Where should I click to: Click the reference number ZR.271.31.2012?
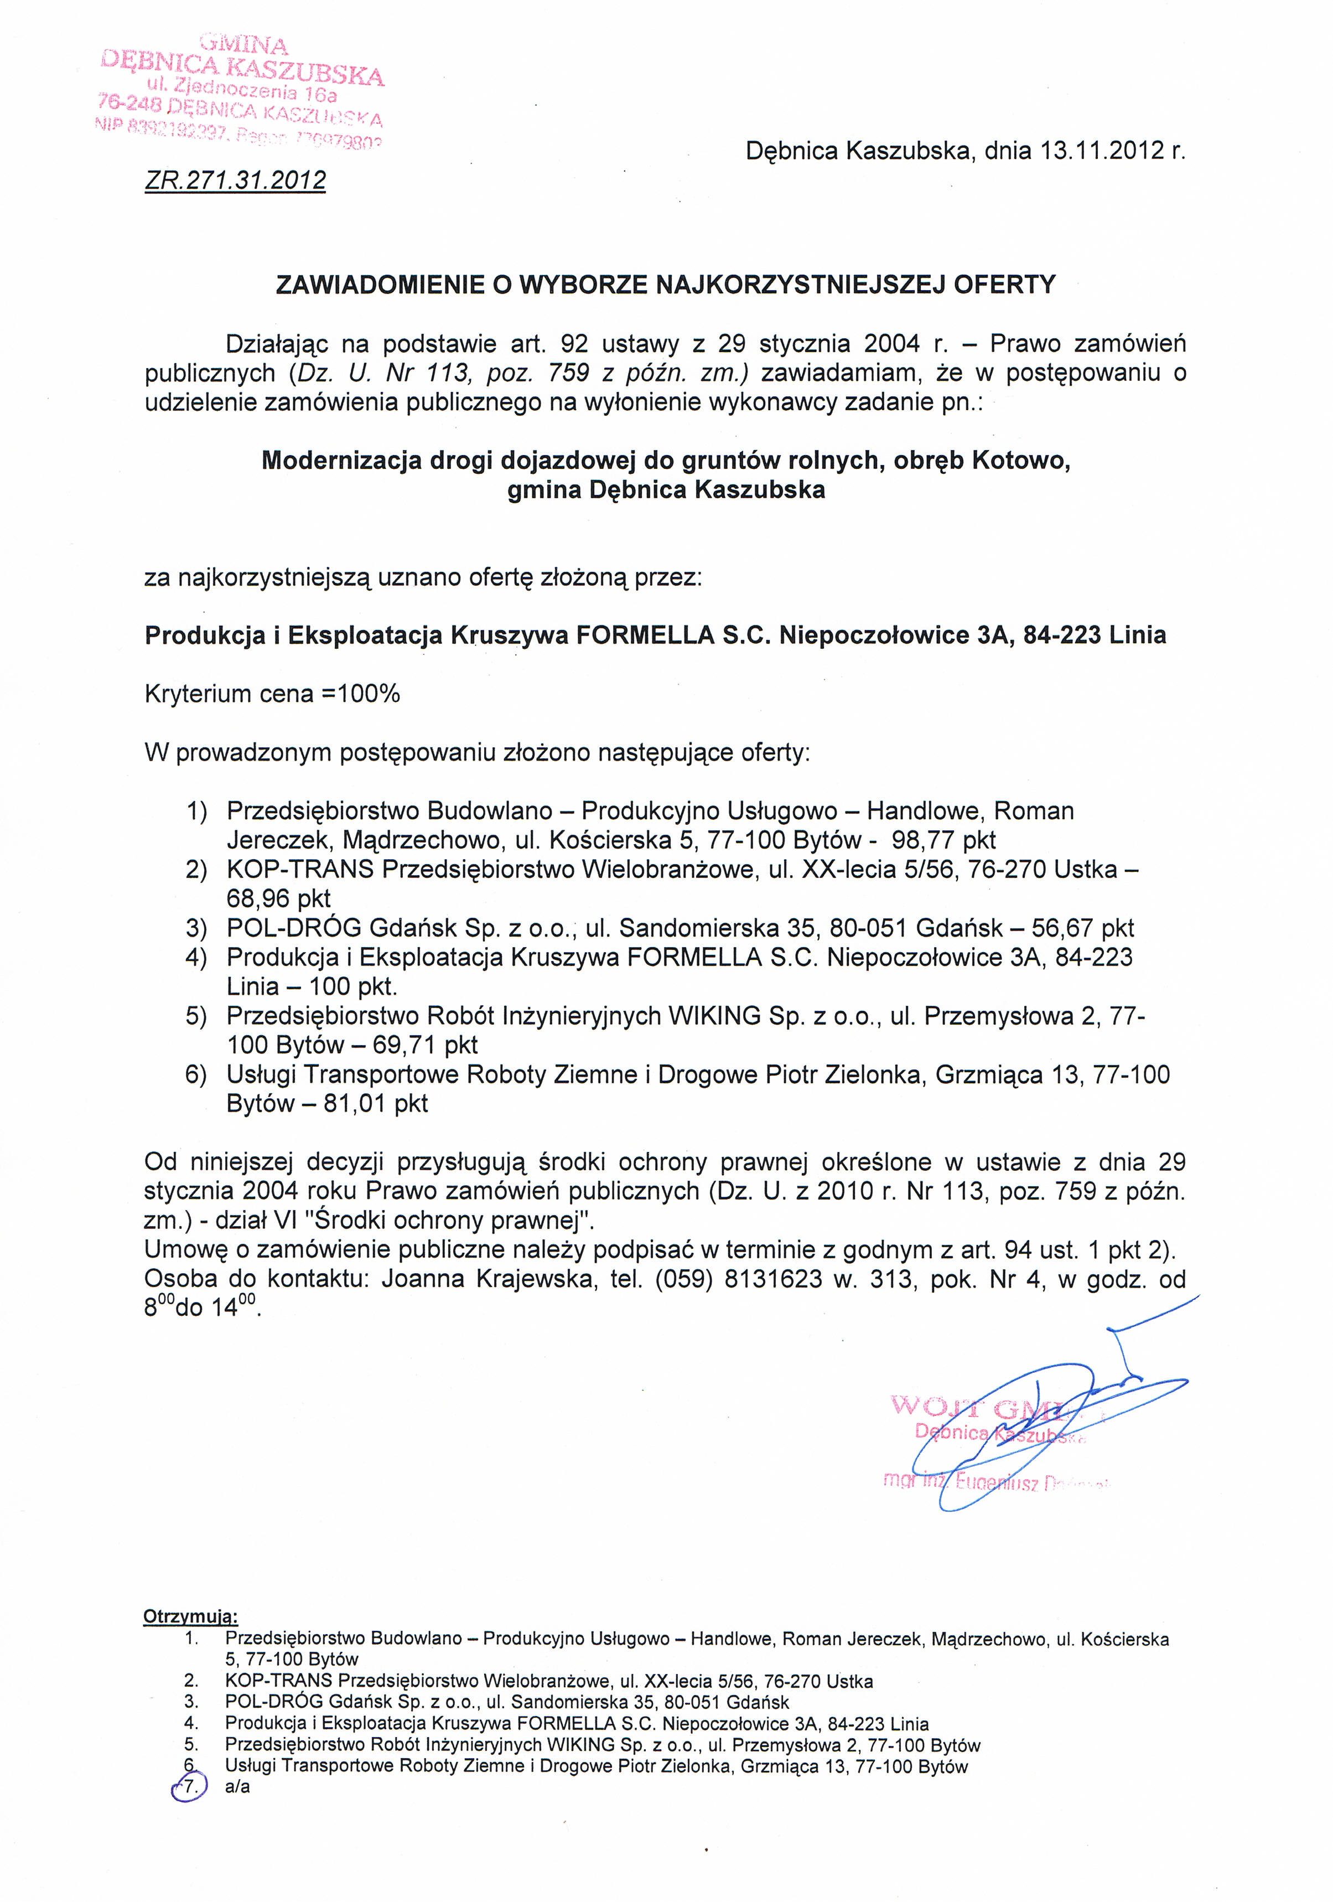click(235, 180)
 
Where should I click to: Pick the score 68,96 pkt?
click(278, 898)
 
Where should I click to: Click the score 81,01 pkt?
click(376, 1103)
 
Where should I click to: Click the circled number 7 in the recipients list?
click(190, 1787)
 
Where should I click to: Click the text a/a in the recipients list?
click(237, 1787)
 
